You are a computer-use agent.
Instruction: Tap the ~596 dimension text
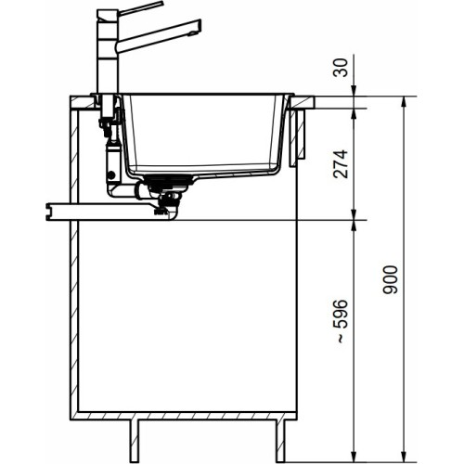tap(342, 321)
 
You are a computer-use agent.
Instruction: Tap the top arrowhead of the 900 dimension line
tap(403, 98)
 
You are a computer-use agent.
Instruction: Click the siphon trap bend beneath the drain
tap(172, 209)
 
